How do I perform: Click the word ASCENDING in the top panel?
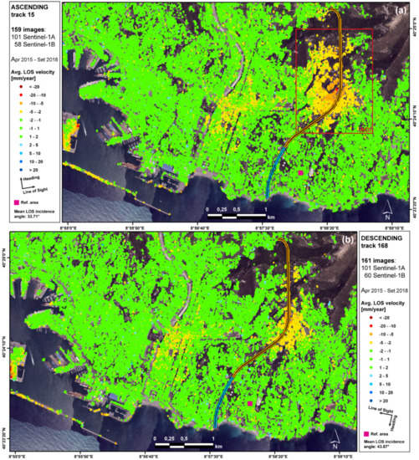pyautogui.click(x=29, y=8)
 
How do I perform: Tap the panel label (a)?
pyautogui.click(x=400, y=13)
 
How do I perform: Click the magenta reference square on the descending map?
pyautogui.click(x=250, y=404)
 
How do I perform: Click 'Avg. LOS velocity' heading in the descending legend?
pyautogui.click(x=379, y=313)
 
